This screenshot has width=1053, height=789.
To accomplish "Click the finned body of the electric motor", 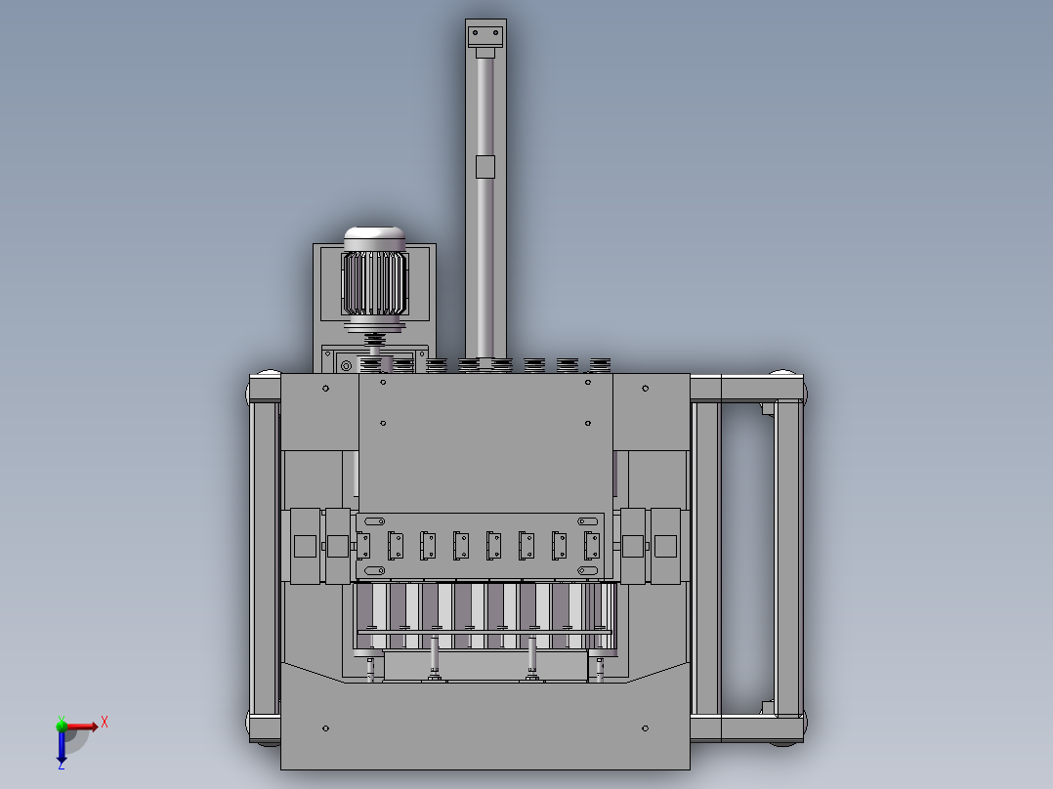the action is tap(375, 283).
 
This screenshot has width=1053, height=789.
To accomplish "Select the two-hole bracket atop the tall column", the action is tap(485, 36).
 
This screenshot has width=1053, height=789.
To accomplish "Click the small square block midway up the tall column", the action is tap(484, 167).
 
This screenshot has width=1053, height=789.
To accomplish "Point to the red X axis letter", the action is tap(105, 723).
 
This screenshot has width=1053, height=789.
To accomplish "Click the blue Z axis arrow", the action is tap(62, 747).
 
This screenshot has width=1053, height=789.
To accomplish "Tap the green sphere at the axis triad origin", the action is tap(62, 726).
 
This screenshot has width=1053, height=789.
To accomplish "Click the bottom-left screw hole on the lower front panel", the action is tap(325, 728).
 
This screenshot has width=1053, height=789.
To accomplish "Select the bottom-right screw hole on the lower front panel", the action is tap(646, 728).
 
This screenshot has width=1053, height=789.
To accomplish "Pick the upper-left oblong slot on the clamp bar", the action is tap(374, 521).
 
